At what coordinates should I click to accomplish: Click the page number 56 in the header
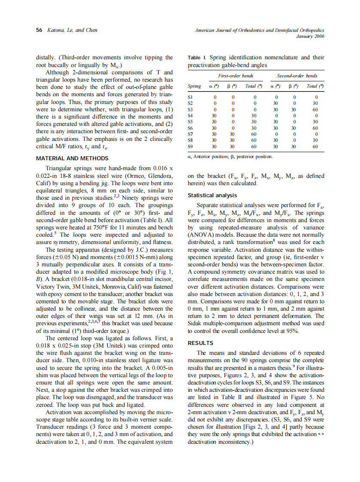click(39, 30)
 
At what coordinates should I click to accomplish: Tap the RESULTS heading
click(201, 343)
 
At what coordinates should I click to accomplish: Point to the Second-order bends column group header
click(297, 76)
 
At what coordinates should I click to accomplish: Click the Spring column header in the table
click(194, 86)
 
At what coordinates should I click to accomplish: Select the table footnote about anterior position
click(230, 156)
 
